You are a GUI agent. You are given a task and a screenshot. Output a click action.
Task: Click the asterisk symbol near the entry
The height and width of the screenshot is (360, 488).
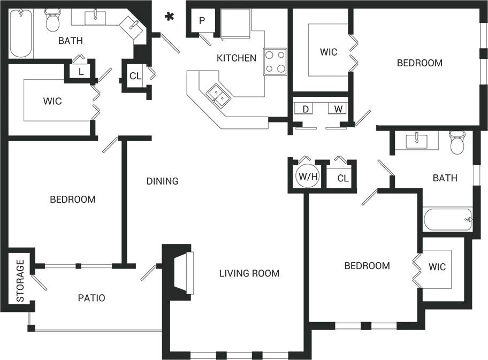click(x=170, y=17)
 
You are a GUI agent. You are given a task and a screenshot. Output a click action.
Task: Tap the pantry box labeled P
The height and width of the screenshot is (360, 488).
click(x=202, y=21)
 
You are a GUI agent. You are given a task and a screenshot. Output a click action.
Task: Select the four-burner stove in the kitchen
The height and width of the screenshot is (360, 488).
click(x=274, y=62)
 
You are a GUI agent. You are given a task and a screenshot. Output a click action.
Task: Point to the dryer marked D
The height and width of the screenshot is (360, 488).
click(x=305, y=109)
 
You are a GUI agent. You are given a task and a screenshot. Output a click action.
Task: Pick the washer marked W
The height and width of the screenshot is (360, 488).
click(x=338, y=109)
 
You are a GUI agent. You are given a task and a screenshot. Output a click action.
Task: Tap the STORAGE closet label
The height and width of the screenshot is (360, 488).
click(x=20, y=281)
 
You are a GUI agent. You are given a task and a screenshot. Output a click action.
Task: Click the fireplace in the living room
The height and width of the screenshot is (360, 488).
click(x=182, y=272)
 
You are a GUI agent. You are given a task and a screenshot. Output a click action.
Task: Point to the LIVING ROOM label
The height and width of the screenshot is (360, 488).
click(x=249, y=273)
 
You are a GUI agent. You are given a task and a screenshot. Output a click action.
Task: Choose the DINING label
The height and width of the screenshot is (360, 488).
click(x=162, y=181)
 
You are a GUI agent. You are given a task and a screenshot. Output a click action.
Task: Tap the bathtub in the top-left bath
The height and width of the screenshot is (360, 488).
click(x=21, y=33)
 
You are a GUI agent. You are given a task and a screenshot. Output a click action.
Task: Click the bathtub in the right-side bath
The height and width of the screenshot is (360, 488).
click(x=447, y=219)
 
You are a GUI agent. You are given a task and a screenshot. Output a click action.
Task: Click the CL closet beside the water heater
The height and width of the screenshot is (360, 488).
click(x=342, y=178)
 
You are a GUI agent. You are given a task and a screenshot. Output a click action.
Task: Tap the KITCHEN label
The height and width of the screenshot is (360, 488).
click(x=236, y=58)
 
